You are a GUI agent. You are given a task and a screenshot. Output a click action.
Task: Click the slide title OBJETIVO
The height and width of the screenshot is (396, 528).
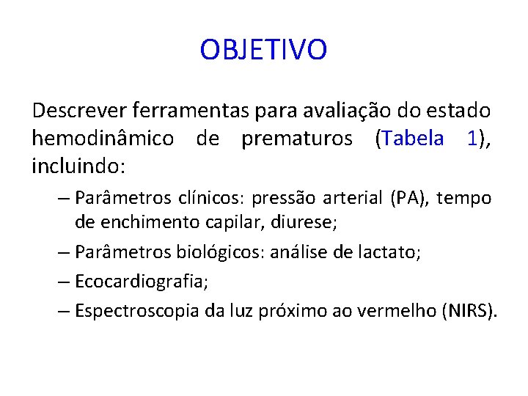(x=263, y=51)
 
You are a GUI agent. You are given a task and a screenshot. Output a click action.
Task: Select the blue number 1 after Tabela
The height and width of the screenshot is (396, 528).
(x=472, y=139)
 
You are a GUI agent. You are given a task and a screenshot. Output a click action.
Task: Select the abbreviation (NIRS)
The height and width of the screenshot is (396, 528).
(x=469, y=310)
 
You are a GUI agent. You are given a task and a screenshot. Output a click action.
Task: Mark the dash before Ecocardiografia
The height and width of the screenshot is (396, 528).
(x=63, y=282)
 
